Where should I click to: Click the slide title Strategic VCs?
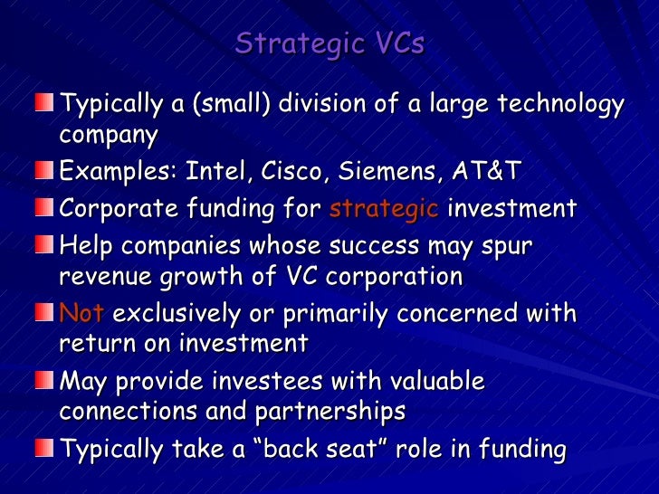[329, 43]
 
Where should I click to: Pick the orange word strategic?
[384, 209]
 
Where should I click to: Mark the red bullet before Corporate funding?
[44, 209]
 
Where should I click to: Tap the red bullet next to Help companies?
[44, 246]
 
